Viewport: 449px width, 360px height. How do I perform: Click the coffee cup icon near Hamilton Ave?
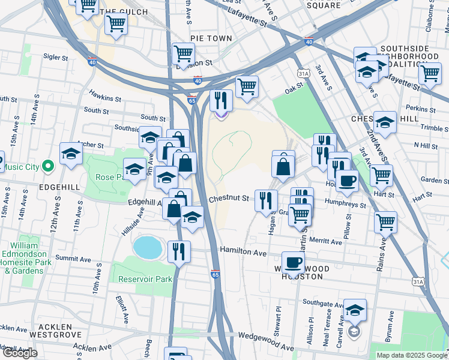[293, 262]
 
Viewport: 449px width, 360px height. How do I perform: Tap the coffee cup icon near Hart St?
[347, 180]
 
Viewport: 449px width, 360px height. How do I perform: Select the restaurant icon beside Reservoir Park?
[179, 251]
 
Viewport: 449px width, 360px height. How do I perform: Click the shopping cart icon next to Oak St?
[247, 86]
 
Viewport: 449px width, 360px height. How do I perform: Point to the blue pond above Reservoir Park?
[148, 246]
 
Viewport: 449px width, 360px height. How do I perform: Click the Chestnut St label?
[229, 199]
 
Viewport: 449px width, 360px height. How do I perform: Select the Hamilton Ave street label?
[243, 252]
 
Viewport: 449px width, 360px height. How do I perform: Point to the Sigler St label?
[56, 58]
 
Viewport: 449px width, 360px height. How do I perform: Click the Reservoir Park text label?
[145, 279]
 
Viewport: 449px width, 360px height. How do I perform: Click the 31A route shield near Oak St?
[303, 73]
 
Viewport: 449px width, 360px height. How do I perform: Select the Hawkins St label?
[105, 94]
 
